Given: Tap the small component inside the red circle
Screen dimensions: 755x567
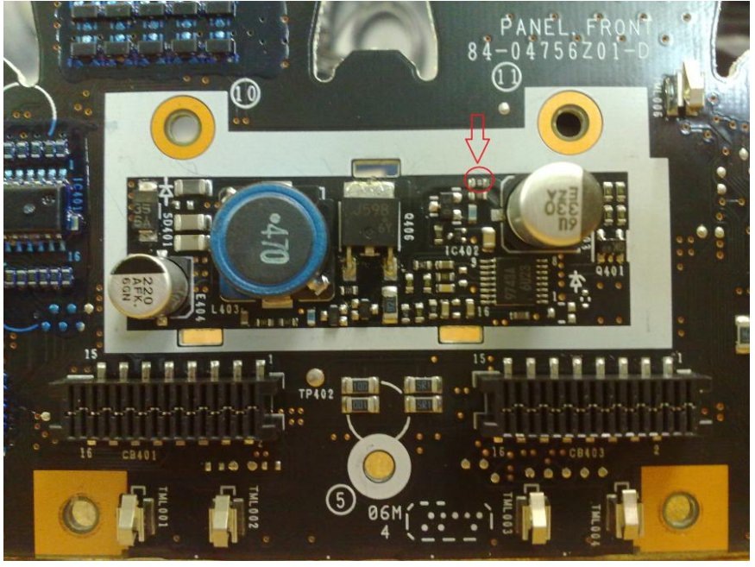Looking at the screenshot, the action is [478, 180].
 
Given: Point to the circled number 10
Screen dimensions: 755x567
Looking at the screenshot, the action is [243, 91].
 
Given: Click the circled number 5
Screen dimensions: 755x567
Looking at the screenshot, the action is [339, 499].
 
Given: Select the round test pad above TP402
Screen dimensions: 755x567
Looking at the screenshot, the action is [317, 376].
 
